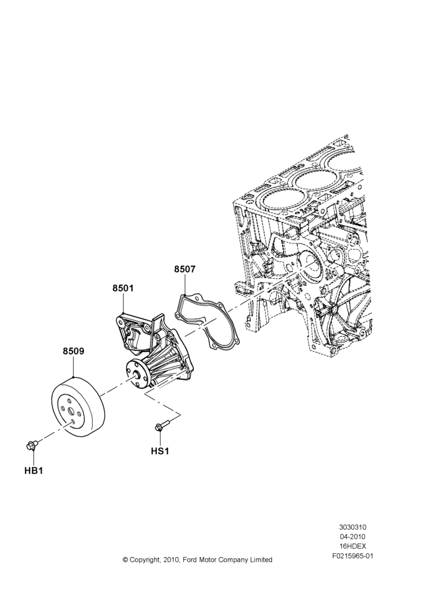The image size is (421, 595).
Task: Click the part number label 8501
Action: pyautogui.click(x=123, y=289)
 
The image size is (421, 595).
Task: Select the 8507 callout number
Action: pyautogui.click(x=185, y=270)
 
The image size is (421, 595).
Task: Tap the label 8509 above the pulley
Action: pyautogui.click(x=74, y=352)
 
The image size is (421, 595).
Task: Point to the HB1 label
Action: pyautogui.click(x=33, y=471)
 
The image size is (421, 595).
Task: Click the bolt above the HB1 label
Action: pyautogui.click(x=32, y=445)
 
